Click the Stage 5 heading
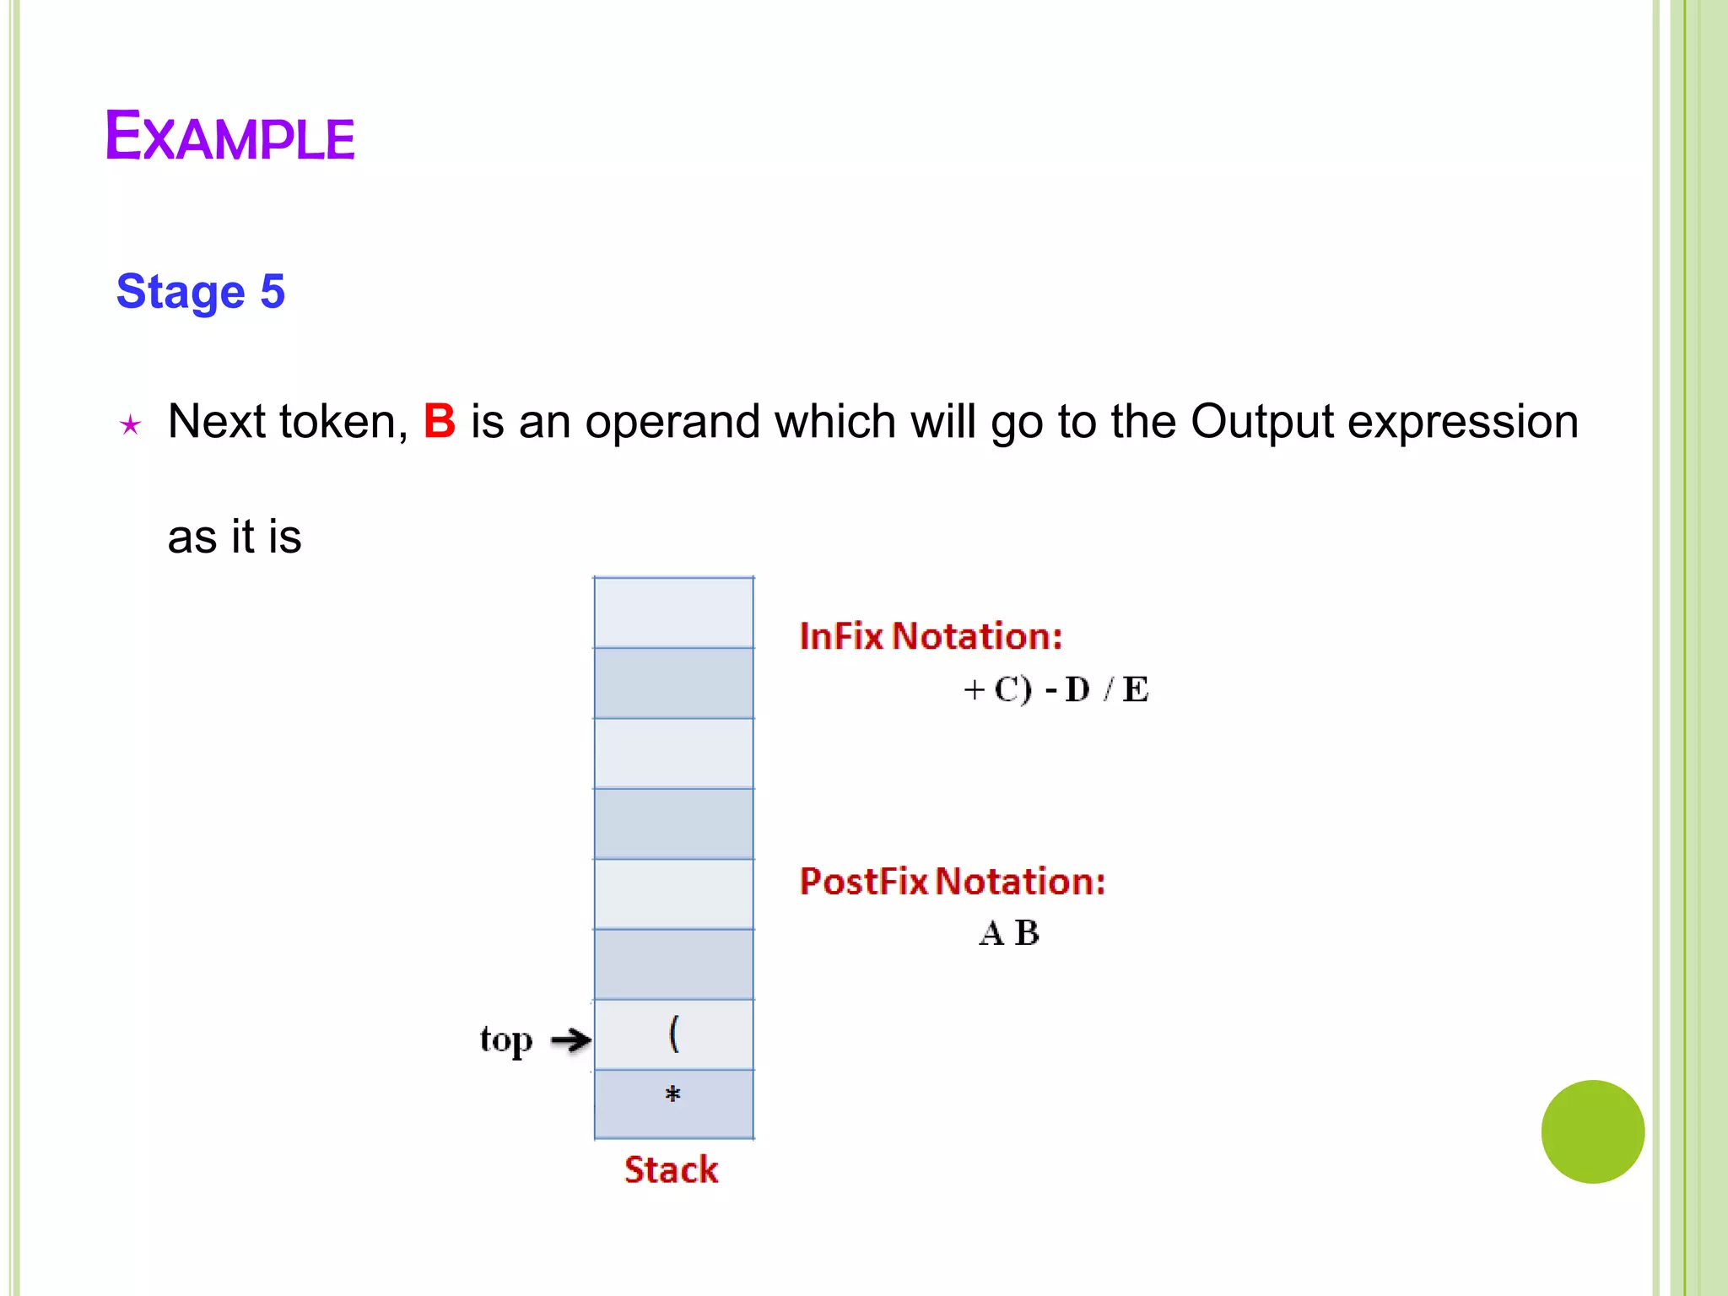point(201,292)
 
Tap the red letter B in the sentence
point(439,421)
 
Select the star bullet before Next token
point(130,424)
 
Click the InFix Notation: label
point(931,636)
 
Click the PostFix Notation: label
point(953,881)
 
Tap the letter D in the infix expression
point(1077,689)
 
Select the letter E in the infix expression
point(1136,689)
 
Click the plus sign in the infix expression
point(974,689)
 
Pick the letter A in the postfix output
point(991,933)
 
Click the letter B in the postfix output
point(1027,933)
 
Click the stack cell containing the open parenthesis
point(673,1034)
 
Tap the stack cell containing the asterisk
point(673,1104)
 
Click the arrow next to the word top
point(571,1039)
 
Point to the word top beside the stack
point(506,1039)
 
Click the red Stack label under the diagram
point(671,1169)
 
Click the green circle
point(1592,1131)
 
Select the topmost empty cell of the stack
point(673,613)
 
